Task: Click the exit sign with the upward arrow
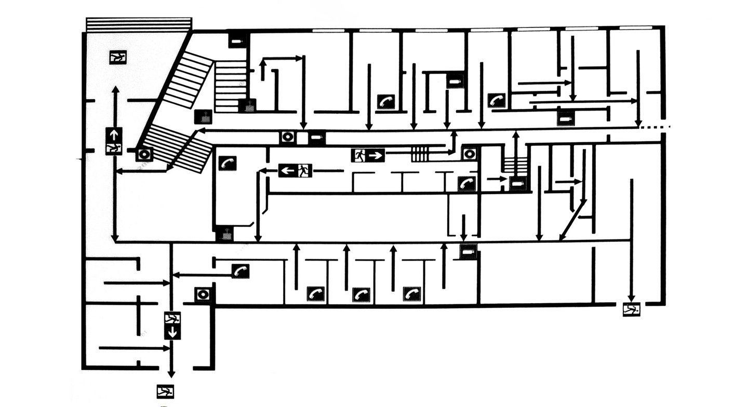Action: pos(114,141)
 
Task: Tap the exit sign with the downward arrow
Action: pos(172,325)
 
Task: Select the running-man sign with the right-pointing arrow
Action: pos(368,155)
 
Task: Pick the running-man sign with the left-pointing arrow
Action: pos(295,170)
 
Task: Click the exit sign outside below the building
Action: pos(165,391)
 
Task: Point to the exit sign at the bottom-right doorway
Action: pos(631,309)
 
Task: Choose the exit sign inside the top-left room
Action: pos(118,57)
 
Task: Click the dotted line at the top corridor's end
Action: pos(656,127)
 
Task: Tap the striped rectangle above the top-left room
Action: pos(139,24)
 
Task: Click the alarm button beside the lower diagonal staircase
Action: pos(144,154)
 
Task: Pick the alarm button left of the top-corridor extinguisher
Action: pos(287,138)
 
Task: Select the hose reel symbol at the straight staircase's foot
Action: pos(248,105)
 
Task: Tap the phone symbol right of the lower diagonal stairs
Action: pos(227,162)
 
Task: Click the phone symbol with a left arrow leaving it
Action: pos(240,271)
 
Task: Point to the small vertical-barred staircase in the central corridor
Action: pos(421,154)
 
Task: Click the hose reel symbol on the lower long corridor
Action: pos(225,234)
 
